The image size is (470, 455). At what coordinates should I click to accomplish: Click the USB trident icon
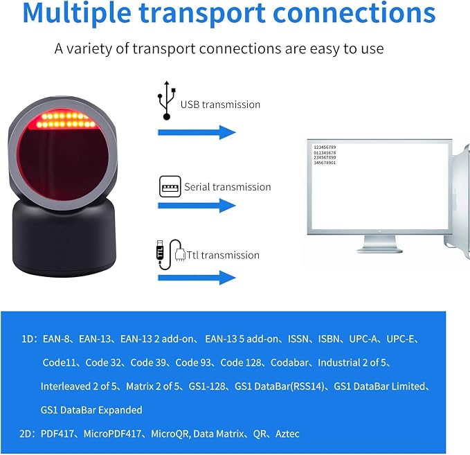[x=167, y=100]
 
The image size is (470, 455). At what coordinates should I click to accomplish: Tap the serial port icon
[x=170, y=186]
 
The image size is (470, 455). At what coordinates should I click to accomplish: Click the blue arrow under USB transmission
[x=197, y=132]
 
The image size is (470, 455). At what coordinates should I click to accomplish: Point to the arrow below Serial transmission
[x=197, y=206]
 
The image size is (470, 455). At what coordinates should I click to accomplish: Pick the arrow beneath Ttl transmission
[x=197, y=278]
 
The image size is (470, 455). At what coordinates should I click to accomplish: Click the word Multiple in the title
[x=77, y=13]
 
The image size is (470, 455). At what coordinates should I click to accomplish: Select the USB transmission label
[x=220, y=105]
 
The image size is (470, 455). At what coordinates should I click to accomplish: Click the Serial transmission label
[x=228, y=187]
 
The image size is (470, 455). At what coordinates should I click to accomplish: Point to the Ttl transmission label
[x=223, y=256]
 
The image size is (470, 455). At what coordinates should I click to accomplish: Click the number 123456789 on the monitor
[x=325, y=148]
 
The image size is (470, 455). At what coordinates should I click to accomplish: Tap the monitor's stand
[x=379, y=243]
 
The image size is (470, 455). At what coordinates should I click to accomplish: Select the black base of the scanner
[x=64, y=238]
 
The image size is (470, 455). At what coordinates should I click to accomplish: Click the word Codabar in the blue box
[x=289, y=363]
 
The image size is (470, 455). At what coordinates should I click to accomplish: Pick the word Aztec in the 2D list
[x=287, y=434]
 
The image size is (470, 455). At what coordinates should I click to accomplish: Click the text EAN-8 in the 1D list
[x=56, y=339]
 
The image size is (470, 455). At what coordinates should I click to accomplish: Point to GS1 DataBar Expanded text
[x=91, y=410]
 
